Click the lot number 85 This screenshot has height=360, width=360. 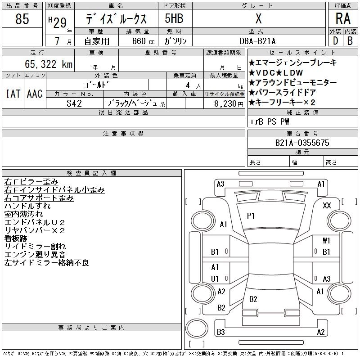tap(22, 19)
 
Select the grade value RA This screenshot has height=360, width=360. tap(343, 18)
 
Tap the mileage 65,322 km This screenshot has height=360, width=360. tap(49, 64)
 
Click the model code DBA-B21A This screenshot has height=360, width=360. tap(257, 41)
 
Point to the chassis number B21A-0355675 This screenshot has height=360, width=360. tap(302, 143)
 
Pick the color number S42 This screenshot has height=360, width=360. tap(74, 103)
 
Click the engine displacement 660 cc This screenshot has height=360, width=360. tap(143, 41)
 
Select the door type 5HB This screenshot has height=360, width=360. tap(174, 18)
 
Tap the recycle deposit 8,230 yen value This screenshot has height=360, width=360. tap(229, 104)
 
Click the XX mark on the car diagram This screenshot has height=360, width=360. tap(327, 206)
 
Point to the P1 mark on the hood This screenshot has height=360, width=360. tap(251, 216)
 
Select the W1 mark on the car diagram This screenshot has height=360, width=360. tap(326, 240)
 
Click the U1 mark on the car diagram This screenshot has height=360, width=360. tap(215, 279)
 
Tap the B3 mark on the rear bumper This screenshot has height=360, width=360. tap(221, 332)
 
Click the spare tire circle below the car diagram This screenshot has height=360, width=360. tap(197, 328)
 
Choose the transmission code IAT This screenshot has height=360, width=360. tap(13, 94)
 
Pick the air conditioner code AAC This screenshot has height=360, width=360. tap(35, 94)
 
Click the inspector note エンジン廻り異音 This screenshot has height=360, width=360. tap(35, 254)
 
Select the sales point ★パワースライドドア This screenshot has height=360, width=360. tap(282, 92)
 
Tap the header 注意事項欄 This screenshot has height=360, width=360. tap(123, 133)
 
